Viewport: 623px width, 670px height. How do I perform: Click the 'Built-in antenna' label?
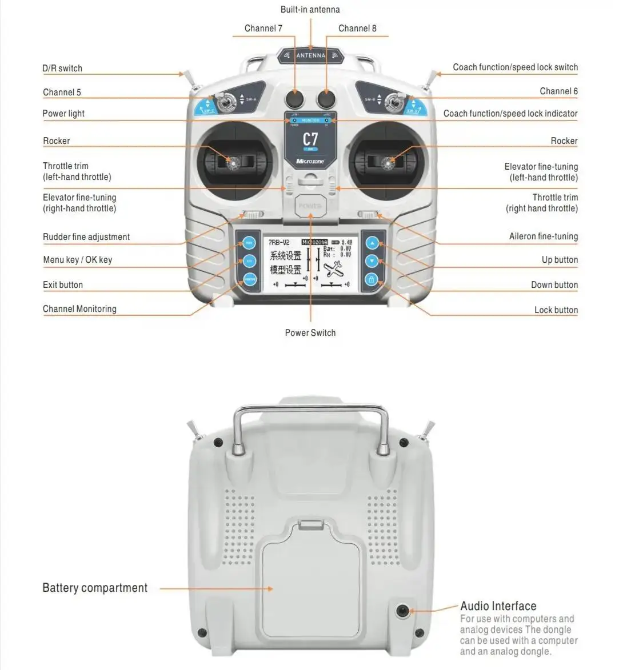click(310, 10)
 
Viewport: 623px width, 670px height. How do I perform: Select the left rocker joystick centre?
click(233, 164)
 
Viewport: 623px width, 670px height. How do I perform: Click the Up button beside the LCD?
click(372, 243)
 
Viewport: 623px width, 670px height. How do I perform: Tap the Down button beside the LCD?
click(372, 261)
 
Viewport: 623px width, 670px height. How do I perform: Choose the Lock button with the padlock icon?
click(372, 280)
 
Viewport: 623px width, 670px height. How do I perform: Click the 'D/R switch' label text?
click(62, 69)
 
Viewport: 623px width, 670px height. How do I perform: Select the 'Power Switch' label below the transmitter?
click(310, 333)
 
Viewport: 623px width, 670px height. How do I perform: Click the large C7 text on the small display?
click(310, 139)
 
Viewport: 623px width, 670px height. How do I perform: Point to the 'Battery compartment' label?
click(95, 588)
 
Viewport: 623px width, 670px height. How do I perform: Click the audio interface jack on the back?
click(403, 611)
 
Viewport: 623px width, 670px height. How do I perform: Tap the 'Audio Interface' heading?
click(498, 606)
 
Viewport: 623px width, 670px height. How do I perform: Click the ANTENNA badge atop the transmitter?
click(310, 55)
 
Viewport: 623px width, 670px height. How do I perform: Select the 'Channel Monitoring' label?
click(79, 309)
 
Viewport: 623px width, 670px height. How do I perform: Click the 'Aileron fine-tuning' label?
click(543, 236)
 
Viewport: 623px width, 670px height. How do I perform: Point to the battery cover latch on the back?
click(310, 523)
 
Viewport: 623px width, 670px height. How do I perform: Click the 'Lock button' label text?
click(556, 310)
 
